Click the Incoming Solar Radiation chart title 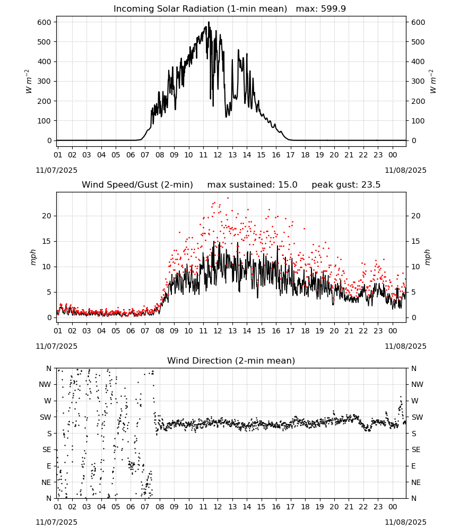click(229, 9)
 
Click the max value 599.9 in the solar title click(333, 9)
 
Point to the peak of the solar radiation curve click(209, 22)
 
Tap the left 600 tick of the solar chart click(44, 22)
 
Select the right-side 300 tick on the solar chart click(418, 81)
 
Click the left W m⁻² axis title click(29, 82)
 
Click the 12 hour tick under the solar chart click(218, 155)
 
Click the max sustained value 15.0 click(288, 185)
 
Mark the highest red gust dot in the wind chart click(228, 198)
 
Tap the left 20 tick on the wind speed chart click(47, 216)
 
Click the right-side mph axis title click(427, 258)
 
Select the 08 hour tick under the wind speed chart click(159, 331)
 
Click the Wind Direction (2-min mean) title click(231, 360)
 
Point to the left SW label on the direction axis click(45, 417)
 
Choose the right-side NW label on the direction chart click(417, 384)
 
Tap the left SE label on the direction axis click(47, 449)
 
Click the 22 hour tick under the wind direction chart click(363, 507)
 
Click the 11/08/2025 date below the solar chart click(405, 170)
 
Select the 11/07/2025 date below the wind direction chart click(56, 522)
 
